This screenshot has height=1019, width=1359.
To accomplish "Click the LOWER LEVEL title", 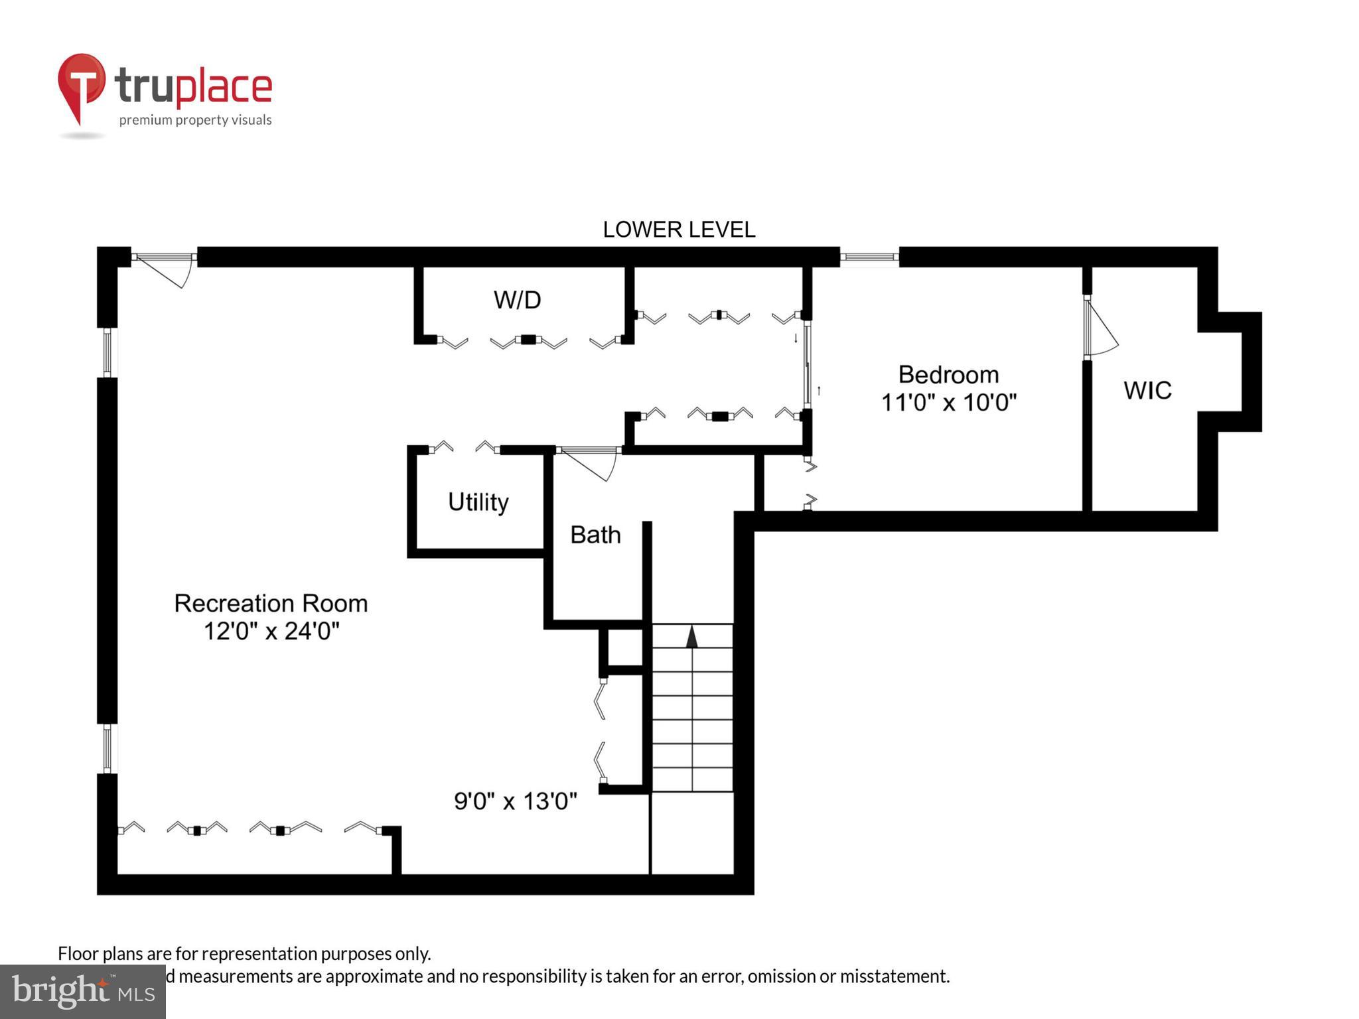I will click(678, 230).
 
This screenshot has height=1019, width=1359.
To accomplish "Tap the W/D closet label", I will click(517, 300).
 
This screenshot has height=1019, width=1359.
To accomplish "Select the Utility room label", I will click(478, 502).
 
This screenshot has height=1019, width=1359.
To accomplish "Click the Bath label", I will click(595, 535).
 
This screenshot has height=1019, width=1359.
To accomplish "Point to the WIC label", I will click(1147, 390).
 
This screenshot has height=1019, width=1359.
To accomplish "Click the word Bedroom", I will click(948, 375).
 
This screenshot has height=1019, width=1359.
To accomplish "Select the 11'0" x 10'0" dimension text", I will click(948, 403).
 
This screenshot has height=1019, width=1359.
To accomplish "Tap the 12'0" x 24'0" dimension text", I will click(271, 631).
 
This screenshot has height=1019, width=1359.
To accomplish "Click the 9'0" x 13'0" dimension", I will click(515, 801).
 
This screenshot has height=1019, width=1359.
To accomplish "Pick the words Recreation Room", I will click(271, 603).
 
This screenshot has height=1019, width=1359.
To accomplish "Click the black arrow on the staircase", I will click(691, 636).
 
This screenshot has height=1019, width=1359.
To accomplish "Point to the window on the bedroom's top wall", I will click(869, 257).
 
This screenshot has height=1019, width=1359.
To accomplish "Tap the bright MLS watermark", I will click(82, 991).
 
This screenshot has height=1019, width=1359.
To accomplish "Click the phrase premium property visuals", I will click(195, 120).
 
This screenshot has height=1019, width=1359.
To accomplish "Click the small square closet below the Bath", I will click(625, 647).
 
